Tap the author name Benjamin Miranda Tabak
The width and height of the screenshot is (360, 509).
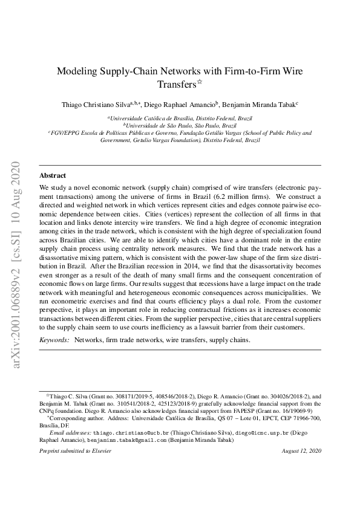(260, 105)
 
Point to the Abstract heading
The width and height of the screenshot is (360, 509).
(53, 175)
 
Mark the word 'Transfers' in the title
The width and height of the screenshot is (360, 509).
(177, 84)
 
